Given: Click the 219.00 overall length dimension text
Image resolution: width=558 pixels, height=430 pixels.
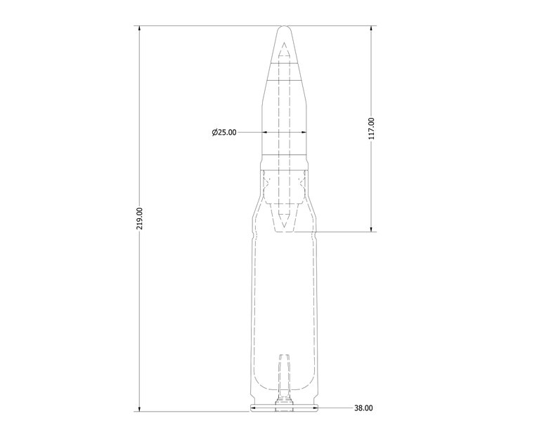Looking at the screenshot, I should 140,218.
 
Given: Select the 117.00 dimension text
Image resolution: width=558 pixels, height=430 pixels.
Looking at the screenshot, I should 372,129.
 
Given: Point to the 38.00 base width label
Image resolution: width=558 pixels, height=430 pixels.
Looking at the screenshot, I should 363,408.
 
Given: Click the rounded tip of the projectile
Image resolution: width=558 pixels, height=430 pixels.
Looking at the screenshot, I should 284,29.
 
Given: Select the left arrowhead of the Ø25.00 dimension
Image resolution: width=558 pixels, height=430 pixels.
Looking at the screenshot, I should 265,132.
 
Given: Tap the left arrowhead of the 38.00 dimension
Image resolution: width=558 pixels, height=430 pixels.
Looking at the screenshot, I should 254,408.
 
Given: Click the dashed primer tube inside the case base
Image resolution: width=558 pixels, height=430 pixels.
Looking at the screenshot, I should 284,375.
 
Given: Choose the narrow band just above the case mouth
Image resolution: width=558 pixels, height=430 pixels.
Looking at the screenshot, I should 284,161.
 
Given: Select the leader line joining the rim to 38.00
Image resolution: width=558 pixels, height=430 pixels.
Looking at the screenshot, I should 334,408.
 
